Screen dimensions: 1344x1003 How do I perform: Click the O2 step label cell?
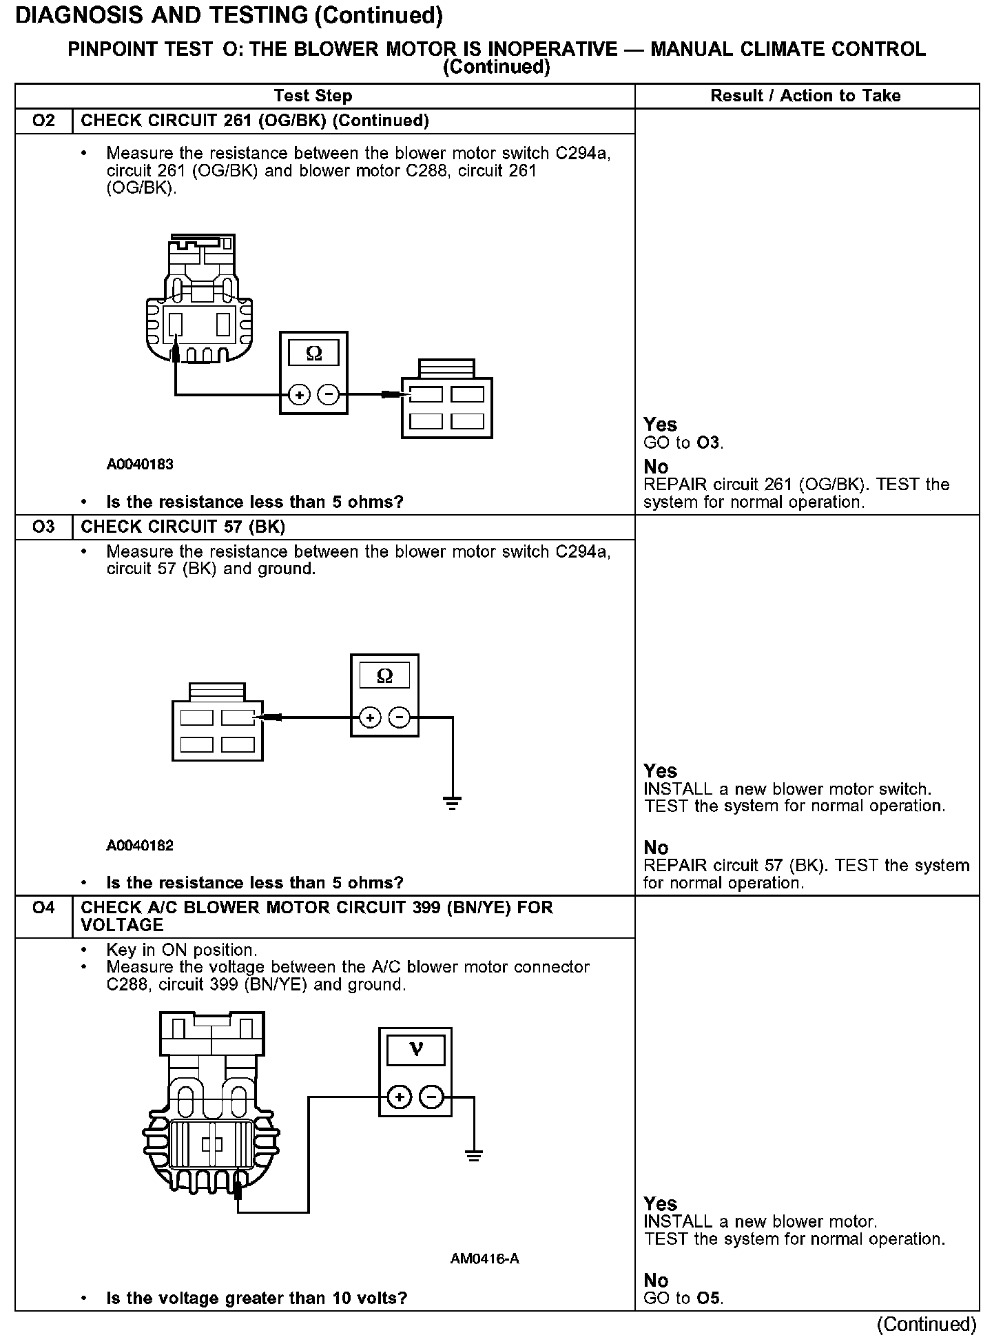43,121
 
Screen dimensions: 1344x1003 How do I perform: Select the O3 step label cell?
43,527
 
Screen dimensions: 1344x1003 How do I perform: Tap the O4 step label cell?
43,908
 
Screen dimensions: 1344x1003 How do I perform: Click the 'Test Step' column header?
313,96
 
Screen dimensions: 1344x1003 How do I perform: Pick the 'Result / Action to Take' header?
805,96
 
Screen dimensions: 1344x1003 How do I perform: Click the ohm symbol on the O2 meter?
313,354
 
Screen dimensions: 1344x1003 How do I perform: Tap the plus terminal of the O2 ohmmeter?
299,395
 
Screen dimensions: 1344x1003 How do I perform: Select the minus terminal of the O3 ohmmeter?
399,718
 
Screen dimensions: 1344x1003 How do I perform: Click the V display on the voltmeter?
415,1050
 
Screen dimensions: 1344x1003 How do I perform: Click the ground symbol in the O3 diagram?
453,802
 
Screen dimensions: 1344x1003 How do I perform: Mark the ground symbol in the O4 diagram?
473,1155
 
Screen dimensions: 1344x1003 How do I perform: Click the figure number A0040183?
140,465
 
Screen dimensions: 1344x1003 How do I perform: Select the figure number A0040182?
140,846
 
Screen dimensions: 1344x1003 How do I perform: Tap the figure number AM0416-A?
485,1259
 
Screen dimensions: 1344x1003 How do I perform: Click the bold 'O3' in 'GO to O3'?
708,442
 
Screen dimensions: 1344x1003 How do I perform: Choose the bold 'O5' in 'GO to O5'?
708,1299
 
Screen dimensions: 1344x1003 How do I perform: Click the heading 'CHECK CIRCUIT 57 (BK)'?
183,527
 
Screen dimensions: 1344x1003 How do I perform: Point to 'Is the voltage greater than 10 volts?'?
256,1299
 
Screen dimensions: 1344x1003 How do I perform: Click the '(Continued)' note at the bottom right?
927,1324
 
